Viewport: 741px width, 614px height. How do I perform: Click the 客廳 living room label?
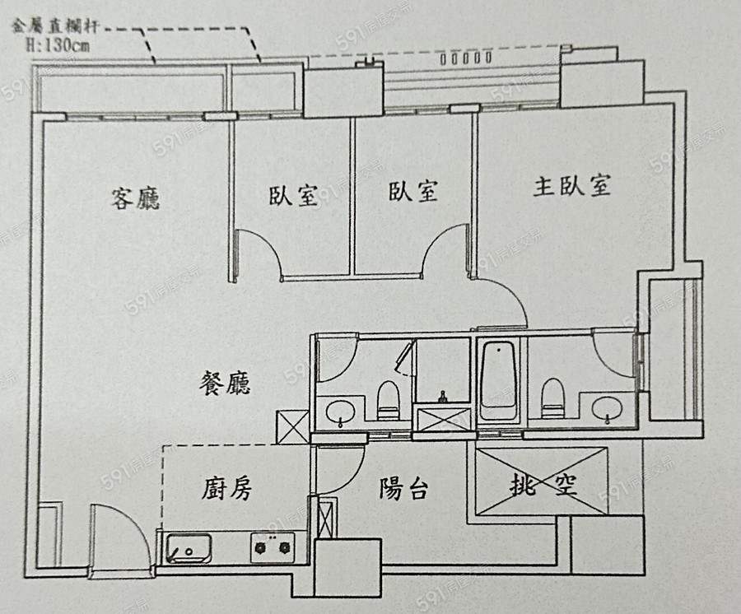[x=136, y=198]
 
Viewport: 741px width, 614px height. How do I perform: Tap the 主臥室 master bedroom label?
[x=572, y=186]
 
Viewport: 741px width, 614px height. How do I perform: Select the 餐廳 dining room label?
[x=226, y=384]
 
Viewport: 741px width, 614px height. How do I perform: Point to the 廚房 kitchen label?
[x=226, y=489]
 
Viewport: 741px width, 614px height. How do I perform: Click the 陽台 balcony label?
[x=403, y=489]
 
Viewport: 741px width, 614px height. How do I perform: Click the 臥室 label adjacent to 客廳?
[x=293, y=195]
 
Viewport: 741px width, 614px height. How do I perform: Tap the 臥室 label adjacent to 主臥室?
[x=413, y=192]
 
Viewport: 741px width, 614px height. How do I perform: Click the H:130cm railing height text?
[x=58, y=44]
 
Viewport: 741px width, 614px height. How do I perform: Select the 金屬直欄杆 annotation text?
[x=55, y=26]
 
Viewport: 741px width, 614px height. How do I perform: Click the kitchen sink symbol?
[x=189, y=548]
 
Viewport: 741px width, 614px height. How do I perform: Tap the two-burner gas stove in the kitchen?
[x=273, y=545]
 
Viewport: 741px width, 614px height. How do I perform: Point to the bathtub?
[x=499, y=379]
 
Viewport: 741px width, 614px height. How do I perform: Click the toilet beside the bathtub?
[x=552, y=397]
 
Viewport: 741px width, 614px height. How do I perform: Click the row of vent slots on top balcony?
[x=467, y=58]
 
